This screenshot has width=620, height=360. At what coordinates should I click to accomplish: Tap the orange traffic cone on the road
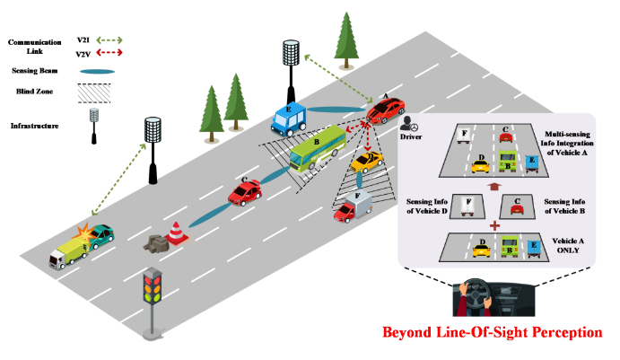point(176,233)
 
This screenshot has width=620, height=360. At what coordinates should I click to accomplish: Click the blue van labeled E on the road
point(289,119)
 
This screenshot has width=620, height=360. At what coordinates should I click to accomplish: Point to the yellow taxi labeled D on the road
point(367,162)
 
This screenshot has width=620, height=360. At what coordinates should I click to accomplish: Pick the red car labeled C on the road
point(245,192)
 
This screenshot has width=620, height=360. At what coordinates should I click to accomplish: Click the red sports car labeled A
point(386,110)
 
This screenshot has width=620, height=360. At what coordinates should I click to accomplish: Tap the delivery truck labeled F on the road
point(354,207)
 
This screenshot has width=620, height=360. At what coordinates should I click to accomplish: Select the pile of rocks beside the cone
point(156,243)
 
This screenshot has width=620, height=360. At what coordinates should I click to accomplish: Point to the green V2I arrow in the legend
point(109,40)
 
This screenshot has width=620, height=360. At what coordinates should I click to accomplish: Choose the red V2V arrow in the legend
point(109,52)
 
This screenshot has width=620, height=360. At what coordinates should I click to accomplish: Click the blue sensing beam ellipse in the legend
point(97,72)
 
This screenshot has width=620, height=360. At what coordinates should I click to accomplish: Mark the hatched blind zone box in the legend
point(94,93)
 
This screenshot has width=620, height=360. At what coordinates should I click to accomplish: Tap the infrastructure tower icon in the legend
point(93,127)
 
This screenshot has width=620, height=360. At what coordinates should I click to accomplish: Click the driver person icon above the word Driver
point(408,124)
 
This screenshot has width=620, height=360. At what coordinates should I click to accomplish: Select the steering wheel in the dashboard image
point(476,295)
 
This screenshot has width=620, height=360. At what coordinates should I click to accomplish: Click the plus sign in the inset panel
point(494,225)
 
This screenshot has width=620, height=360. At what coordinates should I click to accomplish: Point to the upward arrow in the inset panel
point(494,187)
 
